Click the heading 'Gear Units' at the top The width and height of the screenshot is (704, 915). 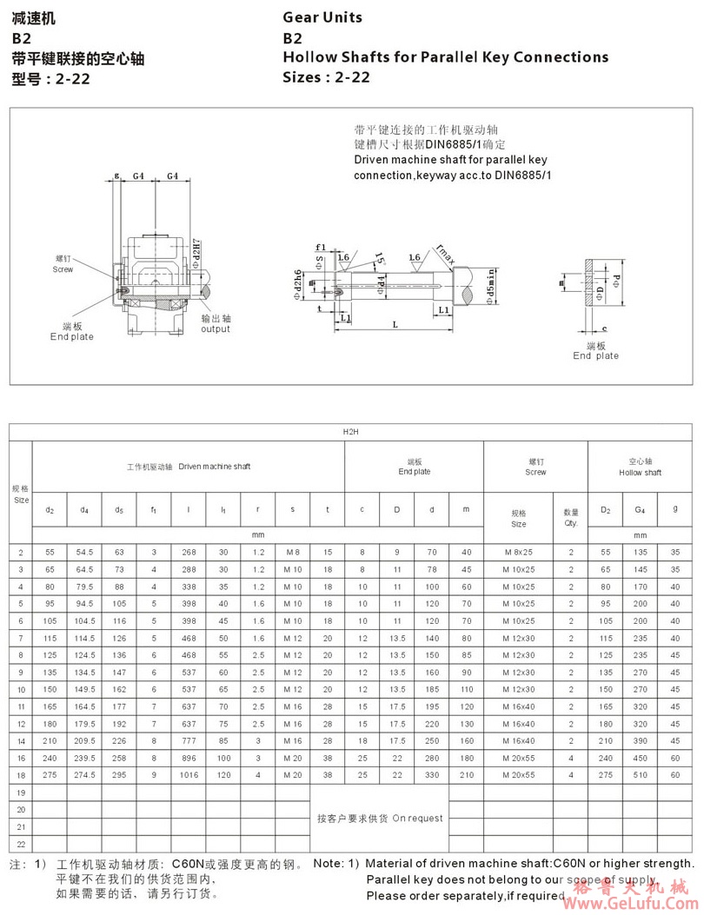click(x=322, y=17)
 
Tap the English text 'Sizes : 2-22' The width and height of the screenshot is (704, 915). click(x=326, y=77)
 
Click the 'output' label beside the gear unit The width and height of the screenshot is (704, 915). click(x=216, y=329)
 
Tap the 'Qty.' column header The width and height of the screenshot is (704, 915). click(x=571, y=524)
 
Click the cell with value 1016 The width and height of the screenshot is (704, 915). click(x=189, y=774)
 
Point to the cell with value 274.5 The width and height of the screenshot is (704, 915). click(x=84, y=774)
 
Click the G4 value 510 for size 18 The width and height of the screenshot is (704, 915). click(x=641, y=774)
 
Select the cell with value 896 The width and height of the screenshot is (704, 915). click(x=189, y=758)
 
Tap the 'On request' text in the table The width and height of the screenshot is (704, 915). click(x=417, y=818)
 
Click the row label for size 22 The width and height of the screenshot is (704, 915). click(x=21, y=843)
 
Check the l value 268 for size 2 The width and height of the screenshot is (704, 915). click(x=189, y=553)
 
